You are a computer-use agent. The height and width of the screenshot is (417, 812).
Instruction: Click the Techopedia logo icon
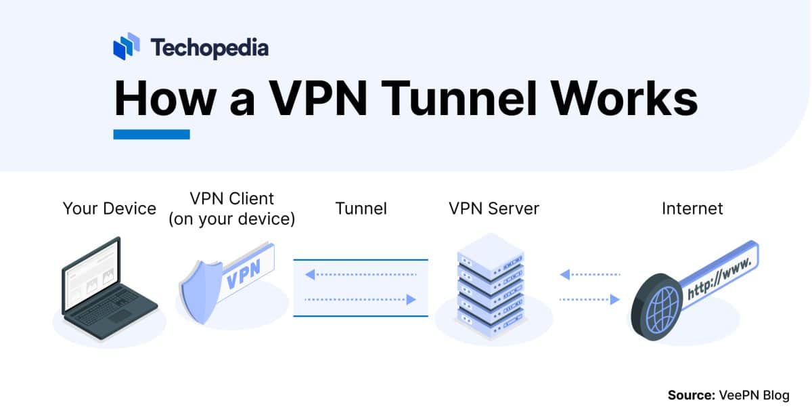point(127,47)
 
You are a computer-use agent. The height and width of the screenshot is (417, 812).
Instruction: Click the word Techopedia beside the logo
point(209,47)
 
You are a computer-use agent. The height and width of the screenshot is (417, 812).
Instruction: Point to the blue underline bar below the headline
point(152,134)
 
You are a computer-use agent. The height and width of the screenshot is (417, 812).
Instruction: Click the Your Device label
point(110,208)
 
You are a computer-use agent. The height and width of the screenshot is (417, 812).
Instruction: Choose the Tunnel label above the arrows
point(361,208)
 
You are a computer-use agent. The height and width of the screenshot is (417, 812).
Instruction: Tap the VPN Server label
point(494,208)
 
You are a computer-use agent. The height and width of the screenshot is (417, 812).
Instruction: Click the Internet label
point(692,208)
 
